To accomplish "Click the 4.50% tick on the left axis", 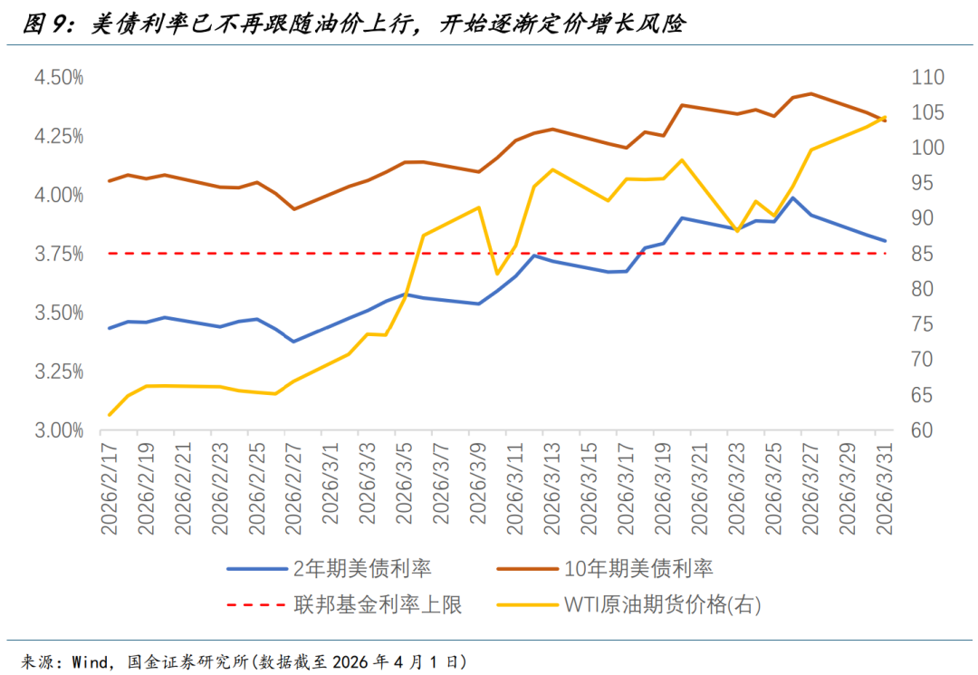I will click(59, 78).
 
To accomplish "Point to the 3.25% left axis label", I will click(59, 371).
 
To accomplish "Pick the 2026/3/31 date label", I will click(884, 489).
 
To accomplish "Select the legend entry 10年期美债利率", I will click(638, 569).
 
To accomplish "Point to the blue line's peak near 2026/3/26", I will click(793, 198).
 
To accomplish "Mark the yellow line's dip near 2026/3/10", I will click(496, 274).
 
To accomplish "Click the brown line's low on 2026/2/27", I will click(293, 209).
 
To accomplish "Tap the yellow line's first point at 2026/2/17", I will click(110, 415).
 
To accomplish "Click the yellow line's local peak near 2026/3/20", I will click(682, 160).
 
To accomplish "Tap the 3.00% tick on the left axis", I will click(59, 430).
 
